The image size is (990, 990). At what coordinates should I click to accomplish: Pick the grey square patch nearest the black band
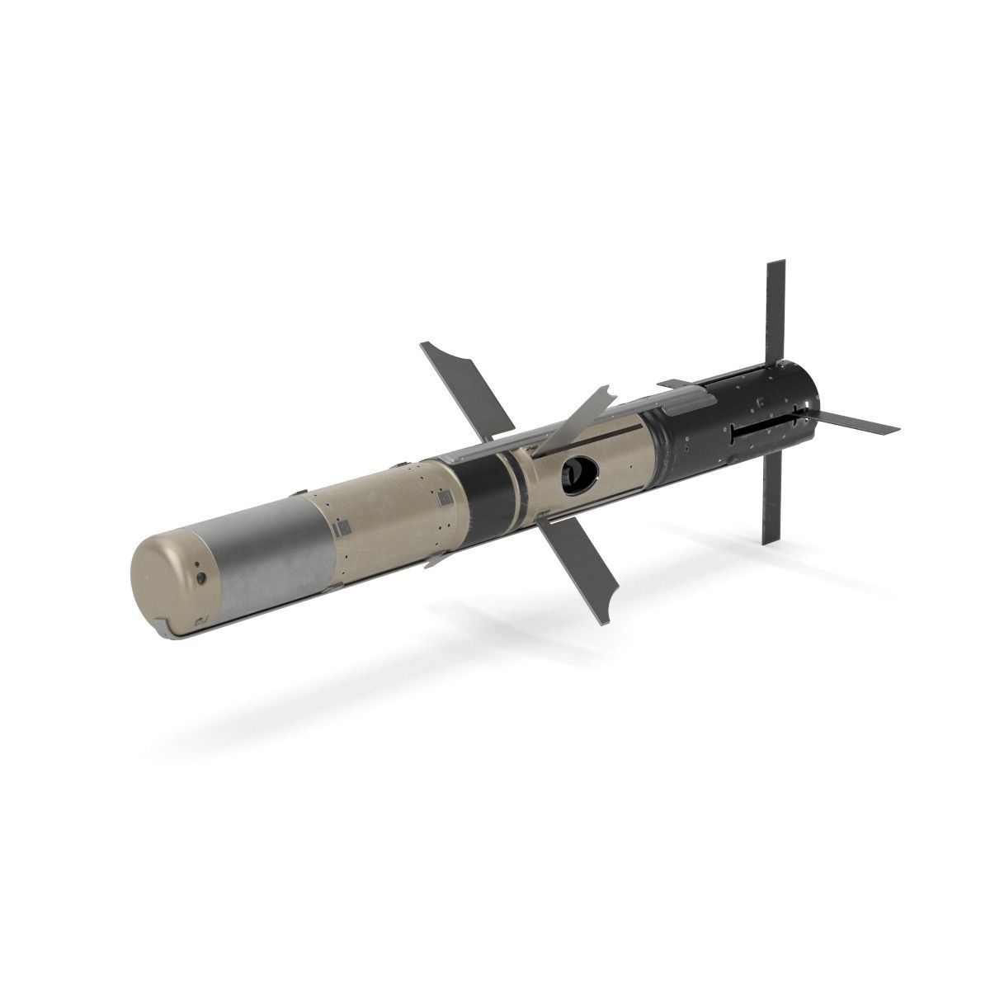(x=444, y=497)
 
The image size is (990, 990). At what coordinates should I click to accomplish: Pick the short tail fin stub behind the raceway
(x=672, y=384)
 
